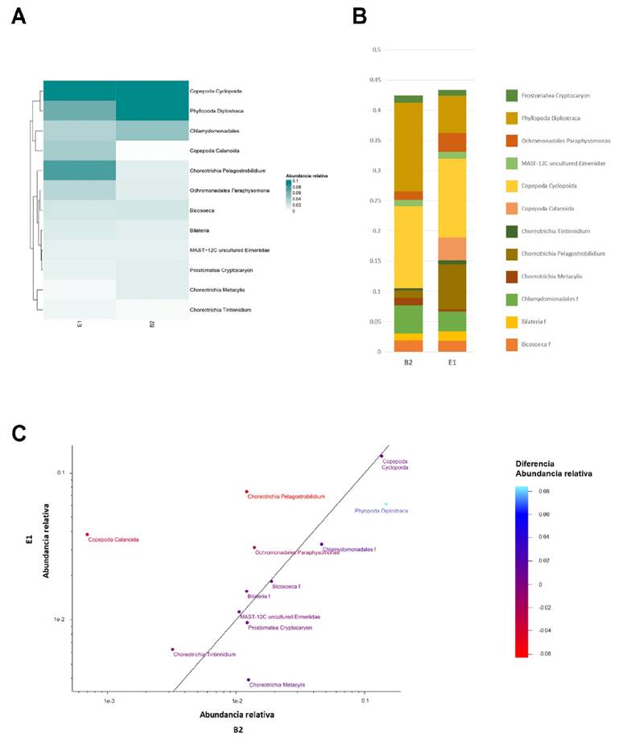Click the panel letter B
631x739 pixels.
(360, 16)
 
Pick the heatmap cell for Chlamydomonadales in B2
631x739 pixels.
(151, 130)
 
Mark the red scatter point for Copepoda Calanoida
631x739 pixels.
(87, 535)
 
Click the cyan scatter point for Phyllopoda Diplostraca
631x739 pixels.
(386, 504)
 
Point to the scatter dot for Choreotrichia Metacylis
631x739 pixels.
(249, 679)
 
